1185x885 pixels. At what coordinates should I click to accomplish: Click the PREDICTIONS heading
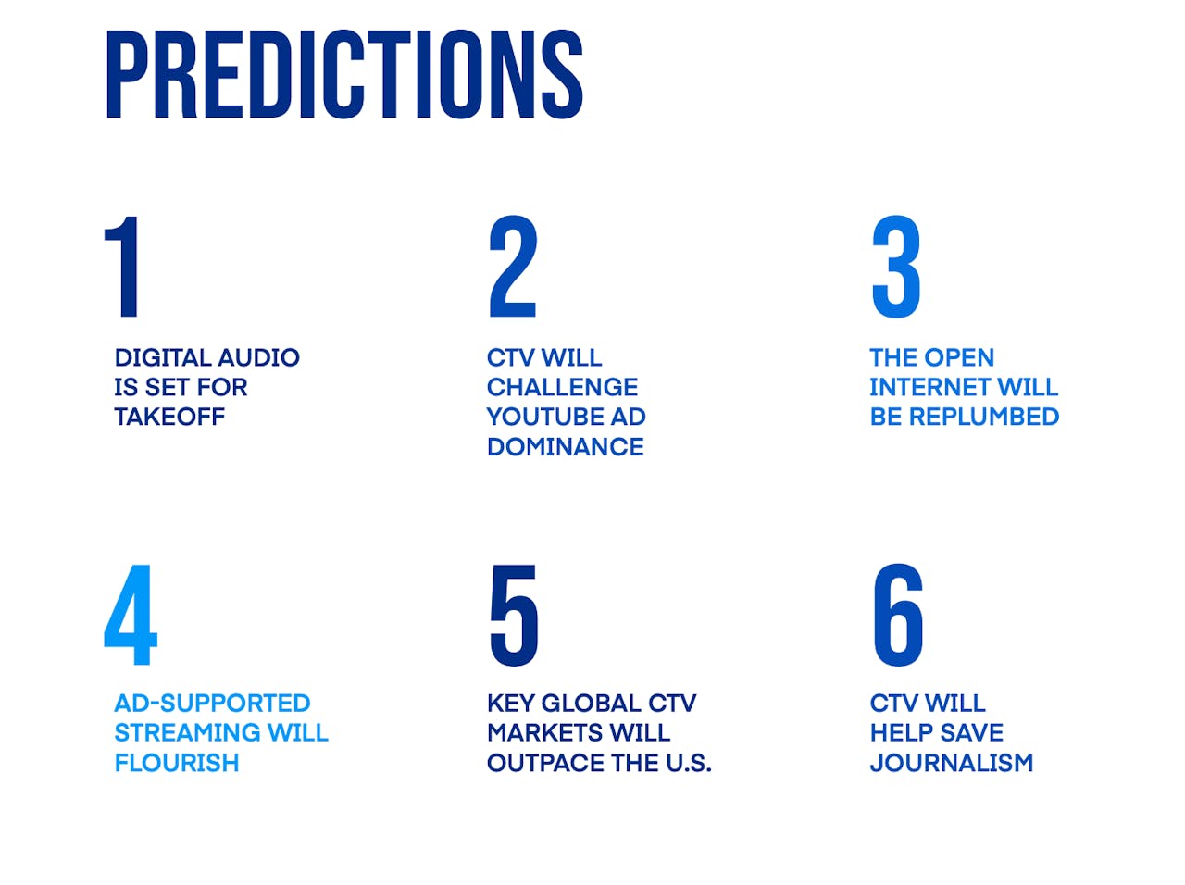coord(344,74)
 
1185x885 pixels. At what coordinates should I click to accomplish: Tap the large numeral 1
coord(122,266)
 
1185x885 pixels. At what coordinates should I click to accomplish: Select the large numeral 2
coord(513,266)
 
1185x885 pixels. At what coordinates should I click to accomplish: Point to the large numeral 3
coord(895,266)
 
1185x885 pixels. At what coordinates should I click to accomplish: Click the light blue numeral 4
coord(131,614)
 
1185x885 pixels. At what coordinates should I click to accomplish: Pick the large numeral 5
coord(514,615)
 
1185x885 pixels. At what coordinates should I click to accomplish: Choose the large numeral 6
coord(898,614)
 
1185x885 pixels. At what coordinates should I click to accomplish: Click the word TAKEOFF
coord(169,417)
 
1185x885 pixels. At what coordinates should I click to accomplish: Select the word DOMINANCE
coord(566,447)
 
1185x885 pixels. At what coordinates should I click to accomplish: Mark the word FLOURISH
coord(177,763)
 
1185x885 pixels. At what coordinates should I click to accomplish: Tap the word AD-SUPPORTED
coord(212,704)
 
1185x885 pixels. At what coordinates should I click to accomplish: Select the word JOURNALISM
coord(951,763)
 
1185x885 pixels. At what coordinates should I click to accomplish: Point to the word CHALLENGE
coord(562,387)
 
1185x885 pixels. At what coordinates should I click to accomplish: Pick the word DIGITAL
coord(162,357)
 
